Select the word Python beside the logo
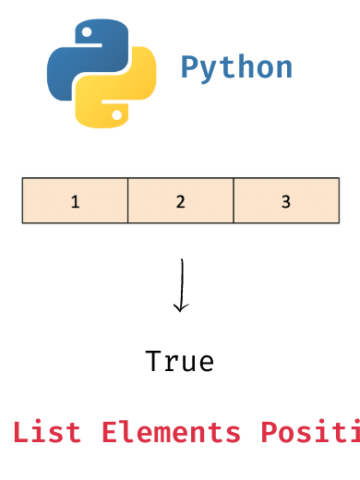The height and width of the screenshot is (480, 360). coord(236,68)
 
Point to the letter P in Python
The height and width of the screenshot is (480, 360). coord(190,68)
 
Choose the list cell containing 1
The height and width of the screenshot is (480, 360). coord(75,201)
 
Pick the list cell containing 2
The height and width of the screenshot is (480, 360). coord(180,201)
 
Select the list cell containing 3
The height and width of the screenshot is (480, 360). coord(286,201)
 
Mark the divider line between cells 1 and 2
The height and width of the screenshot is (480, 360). coord(128,201)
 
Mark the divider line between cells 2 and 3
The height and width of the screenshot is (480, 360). coord(233,201)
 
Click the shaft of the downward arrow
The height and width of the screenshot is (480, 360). coord(180,280)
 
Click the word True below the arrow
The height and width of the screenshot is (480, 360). coord(180,361)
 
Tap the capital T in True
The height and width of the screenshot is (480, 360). coord(153,361)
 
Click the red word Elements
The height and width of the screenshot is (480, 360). coord(170,432)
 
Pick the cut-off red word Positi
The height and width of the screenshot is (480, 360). coord(310,432)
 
